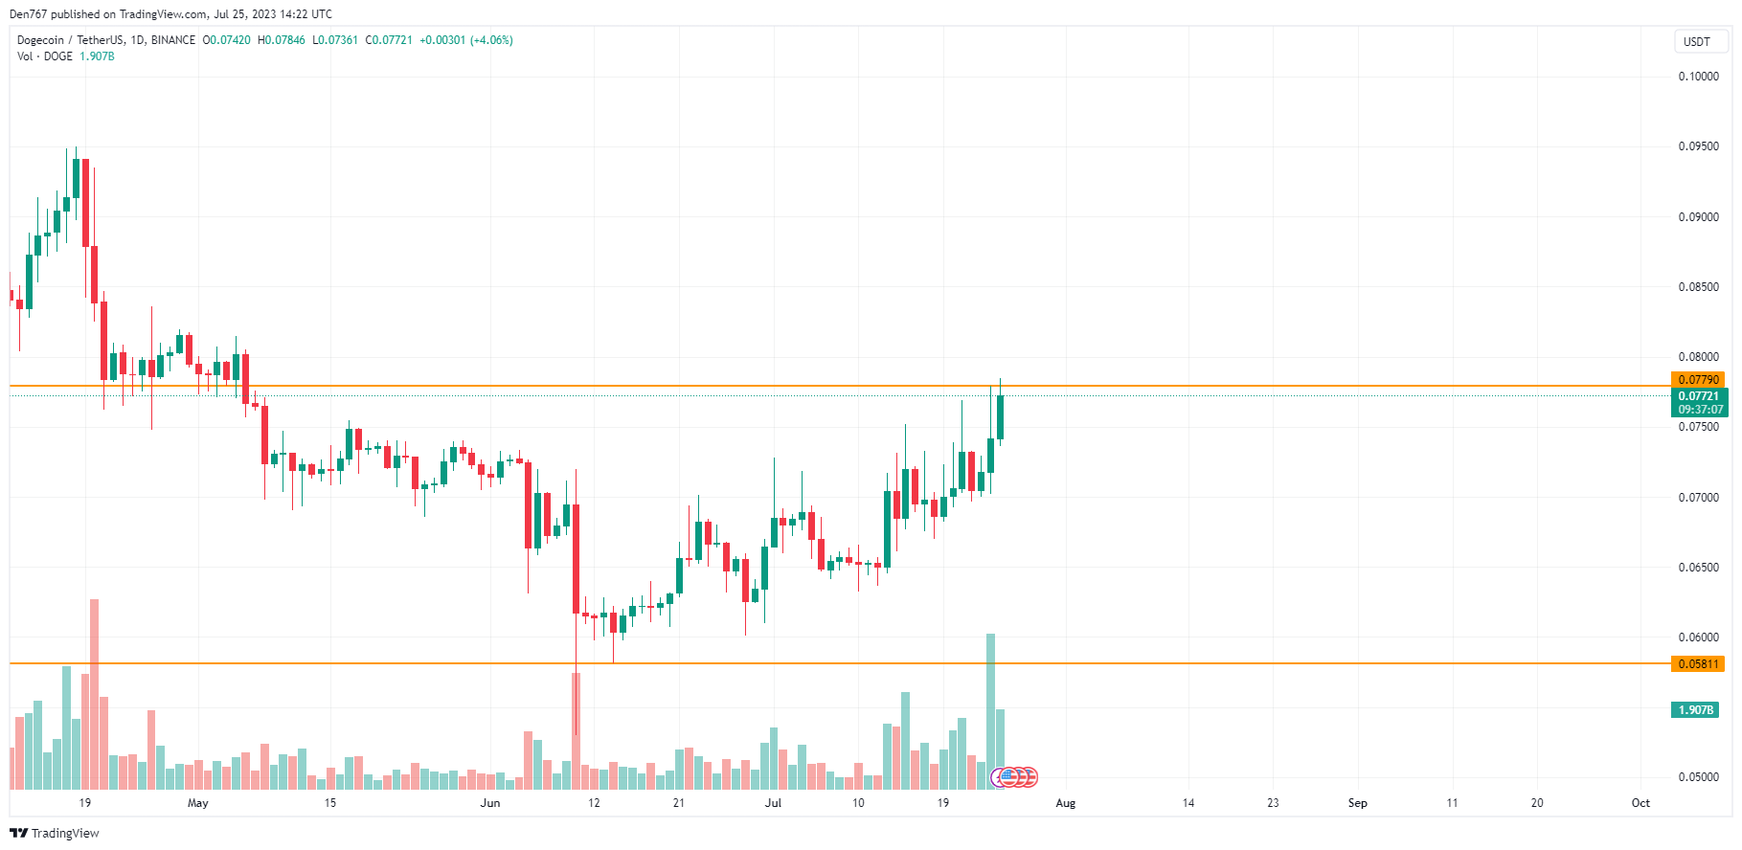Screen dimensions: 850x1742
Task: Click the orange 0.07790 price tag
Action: [x=1698, y=380]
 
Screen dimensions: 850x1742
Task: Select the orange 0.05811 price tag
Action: [x=1698, y=663]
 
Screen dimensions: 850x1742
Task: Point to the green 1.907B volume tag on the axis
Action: [x=1695, y=710]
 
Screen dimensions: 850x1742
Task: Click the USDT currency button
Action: [x=1696, y=41]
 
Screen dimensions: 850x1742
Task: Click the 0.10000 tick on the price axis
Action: [x=1698, y=77]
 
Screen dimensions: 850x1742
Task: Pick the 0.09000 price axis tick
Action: [x=1698, y=217]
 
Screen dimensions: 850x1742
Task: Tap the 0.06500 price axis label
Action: [x=1698, y=568]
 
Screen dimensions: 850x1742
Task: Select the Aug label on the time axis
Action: [x=1065, y=803]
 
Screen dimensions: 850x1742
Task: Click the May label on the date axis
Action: [x=198, y=803]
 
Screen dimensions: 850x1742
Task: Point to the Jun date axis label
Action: [x=490, y=803]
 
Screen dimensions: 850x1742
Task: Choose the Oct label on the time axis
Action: [x=1640, y=803]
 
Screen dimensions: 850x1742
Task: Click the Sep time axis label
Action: [x=1357, y=803]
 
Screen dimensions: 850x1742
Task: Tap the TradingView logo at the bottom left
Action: [x=55, y=833]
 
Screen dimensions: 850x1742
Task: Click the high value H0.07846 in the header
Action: [x=282, y=40]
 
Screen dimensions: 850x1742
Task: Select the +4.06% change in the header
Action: [x=491, y=40]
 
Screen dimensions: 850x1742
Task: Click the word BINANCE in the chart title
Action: [x=173, y=40]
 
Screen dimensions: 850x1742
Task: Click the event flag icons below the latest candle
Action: [x=1014, y=776]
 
